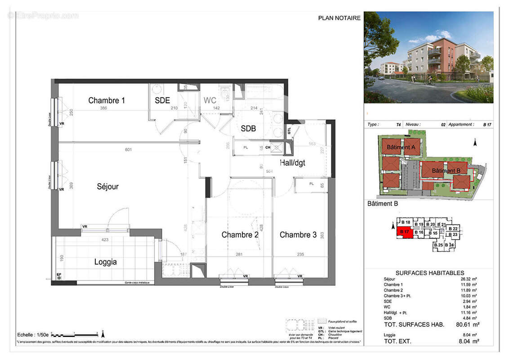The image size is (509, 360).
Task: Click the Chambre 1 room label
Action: coord(107,100)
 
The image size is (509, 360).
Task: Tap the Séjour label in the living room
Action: coord(107,186)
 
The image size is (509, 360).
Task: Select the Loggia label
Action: coord(106,262)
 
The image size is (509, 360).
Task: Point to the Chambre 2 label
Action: coord(240,234)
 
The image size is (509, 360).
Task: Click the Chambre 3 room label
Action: coord(298,234)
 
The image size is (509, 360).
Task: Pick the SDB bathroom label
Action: coord(248,128)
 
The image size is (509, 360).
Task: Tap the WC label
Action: coord(210,100)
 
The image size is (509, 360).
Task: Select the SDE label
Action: coord(162,101)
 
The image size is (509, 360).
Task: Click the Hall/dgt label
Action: coord(292,162)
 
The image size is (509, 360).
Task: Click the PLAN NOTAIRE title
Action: coord(339,18)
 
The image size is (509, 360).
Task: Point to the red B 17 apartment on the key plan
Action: coord(404,232)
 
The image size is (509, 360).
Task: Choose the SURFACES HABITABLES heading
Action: coord(429,273)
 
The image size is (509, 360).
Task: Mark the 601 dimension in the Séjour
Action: coord(128,150)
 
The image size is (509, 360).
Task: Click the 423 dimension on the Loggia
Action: coord(105,240)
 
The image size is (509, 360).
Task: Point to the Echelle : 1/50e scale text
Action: coord(33,335)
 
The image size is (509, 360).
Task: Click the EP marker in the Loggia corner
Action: coord(58,274)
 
